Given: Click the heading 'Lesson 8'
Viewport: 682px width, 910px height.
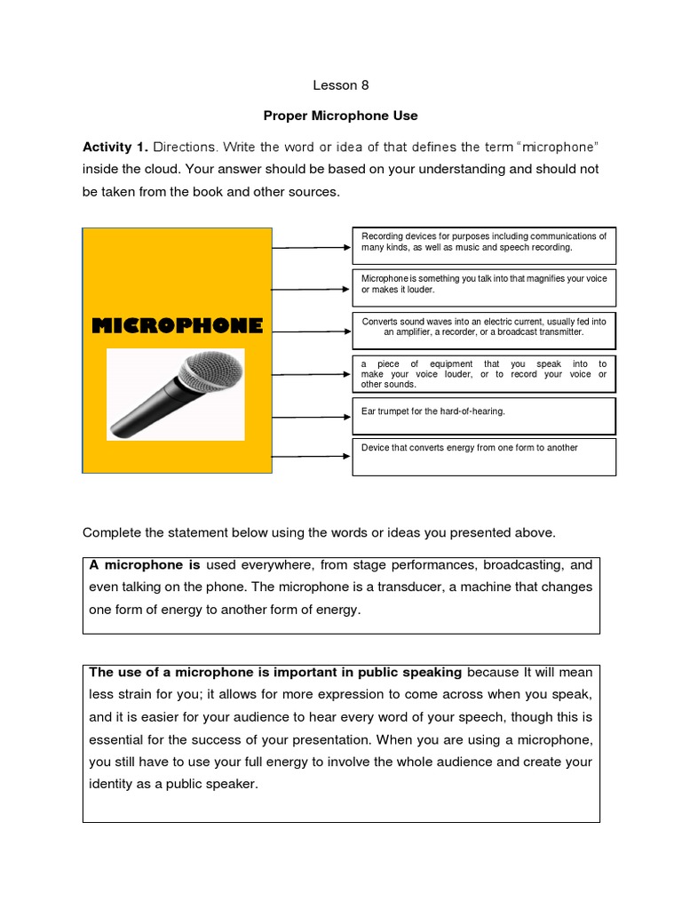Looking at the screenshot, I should click(340, 86).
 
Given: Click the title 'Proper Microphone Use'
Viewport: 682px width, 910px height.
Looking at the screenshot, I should click(340, 116).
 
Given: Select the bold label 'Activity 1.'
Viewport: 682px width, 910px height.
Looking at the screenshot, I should click(115, 147).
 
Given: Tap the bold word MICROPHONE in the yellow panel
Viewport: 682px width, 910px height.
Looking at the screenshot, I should click(178, 325).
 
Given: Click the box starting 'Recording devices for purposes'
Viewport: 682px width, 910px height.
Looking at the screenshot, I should click(483, 244).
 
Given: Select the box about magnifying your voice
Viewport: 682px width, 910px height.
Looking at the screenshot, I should click(483, 286).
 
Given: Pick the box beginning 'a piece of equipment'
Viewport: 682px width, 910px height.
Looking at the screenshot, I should click(483, 374).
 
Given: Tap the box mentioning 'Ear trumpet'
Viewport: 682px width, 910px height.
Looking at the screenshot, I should click(483, 415).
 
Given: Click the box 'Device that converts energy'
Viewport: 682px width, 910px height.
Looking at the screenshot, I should click(483, 456).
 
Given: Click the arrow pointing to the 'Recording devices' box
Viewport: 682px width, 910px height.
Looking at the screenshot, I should click(311, 248).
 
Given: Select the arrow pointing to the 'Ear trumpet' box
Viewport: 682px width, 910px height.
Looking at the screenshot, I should click(311, 414).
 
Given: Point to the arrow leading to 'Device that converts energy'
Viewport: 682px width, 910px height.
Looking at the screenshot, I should click(311, 456).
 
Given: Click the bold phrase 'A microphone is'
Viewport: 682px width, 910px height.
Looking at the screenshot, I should click(145, 564).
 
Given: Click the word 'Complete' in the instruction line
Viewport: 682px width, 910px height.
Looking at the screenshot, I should click(111, 532).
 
